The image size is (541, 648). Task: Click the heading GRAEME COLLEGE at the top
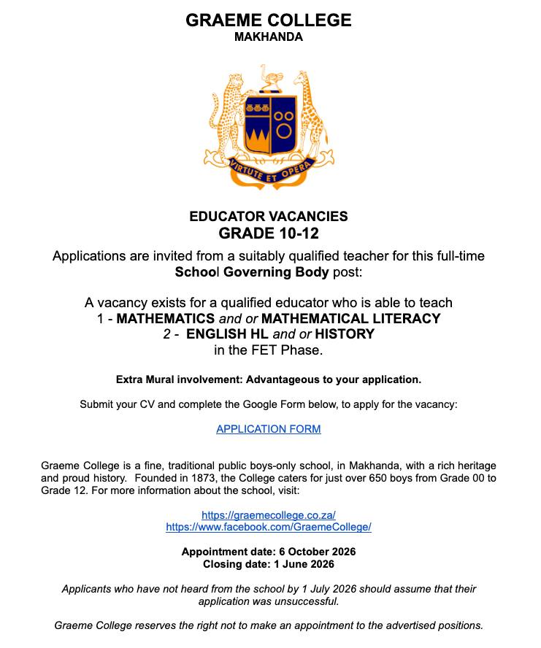pyautogui.click(x=268, y=20)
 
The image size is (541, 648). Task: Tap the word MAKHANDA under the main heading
pyautogui.click(x=268, y=37)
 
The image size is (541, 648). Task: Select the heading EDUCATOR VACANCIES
pyautogui.click(x=268, y=217)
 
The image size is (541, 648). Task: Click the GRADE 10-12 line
pyautogui.click(x=268, y=234)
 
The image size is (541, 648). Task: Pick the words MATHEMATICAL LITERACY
pyautogui.click(x=351, y=319)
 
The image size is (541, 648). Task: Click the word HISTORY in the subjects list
pyautogui.click(x=345, y=335)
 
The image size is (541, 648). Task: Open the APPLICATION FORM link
pyautogui.click(x=268, y=429)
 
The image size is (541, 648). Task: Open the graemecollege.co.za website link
pyautogui.click(x=268, y=514)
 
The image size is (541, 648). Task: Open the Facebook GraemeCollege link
pyautogui.click(x=268, y=527)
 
